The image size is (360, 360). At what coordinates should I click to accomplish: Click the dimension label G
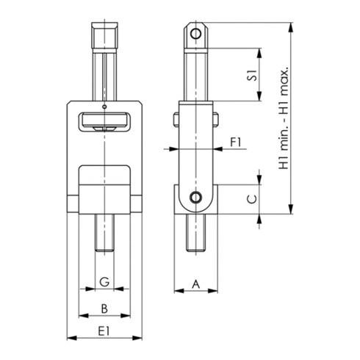point(105,281)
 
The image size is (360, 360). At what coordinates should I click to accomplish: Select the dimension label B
point(105,308)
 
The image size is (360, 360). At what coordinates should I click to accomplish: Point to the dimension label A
point(195,282)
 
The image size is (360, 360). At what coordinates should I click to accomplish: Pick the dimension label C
point(251,198)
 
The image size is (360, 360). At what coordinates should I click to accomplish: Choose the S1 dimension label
point(251,76)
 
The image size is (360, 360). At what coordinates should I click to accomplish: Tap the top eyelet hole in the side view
point(195,34)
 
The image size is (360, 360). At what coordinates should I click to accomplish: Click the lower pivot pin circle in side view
point(195,197)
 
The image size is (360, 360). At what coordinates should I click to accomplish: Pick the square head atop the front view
point(105,35)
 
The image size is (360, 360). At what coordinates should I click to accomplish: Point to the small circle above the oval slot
point(105,107)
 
